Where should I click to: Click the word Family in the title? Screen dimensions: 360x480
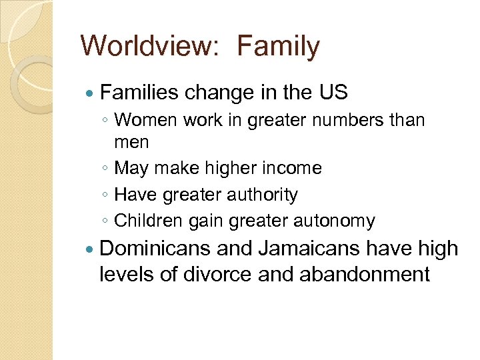279,47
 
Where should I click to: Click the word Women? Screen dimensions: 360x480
145,121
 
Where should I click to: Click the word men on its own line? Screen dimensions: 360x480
131,142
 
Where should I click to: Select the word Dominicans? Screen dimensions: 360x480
155,249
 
